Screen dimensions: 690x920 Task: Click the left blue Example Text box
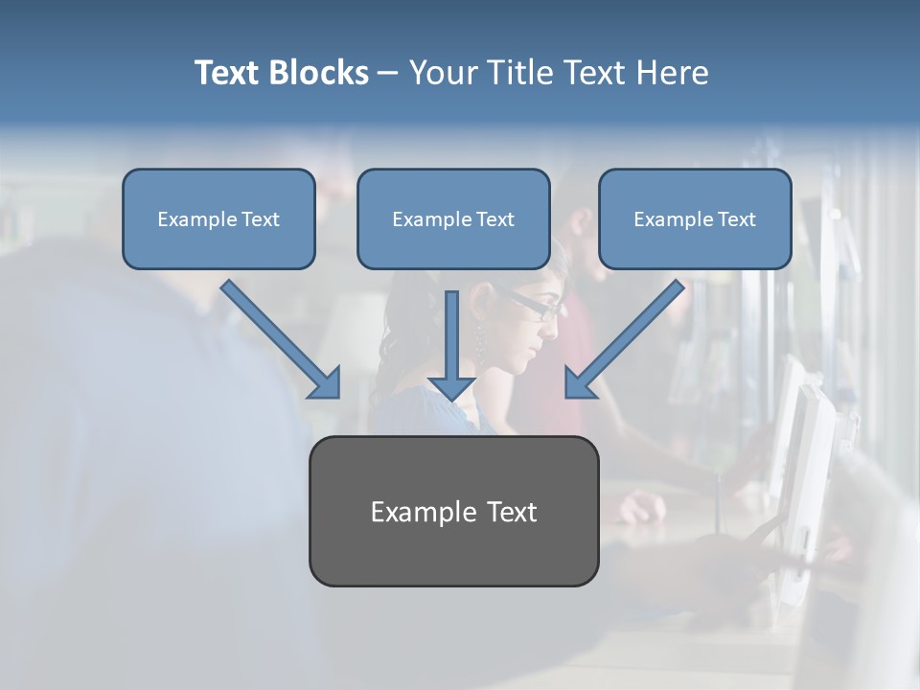218,219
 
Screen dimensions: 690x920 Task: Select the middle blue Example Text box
453,219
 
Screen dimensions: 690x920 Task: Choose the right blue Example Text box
695,219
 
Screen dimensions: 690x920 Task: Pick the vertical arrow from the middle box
452,340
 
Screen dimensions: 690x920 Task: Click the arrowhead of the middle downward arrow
452,387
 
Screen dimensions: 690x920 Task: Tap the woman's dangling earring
479,340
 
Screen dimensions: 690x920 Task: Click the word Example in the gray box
410,512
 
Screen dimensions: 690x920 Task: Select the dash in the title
388,74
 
